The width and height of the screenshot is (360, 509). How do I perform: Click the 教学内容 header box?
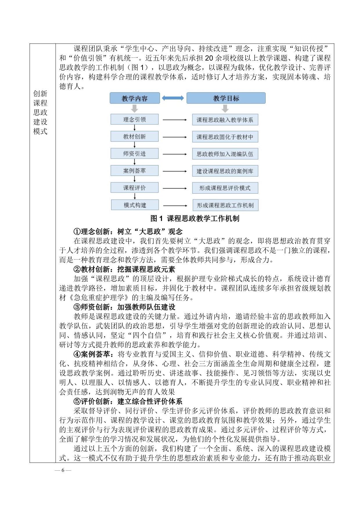pos(135,98)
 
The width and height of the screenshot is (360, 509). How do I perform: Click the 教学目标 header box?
pos(226,98)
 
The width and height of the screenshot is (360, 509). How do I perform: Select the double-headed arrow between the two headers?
pos(173,98)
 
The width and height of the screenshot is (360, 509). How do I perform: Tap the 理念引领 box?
pos(134,119)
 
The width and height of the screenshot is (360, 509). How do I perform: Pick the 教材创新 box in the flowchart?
pos(134,136)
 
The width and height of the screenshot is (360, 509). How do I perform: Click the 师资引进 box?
pos(134,154)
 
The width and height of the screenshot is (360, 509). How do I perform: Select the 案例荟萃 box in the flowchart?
pos(134,171)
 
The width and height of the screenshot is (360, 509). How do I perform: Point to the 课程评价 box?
pos(134,188)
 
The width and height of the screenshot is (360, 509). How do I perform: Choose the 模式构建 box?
pos(135,205)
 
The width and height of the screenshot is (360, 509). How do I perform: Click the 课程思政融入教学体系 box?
pos(225,120)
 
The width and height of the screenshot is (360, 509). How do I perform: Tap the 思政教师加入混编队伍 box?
pos(225,154)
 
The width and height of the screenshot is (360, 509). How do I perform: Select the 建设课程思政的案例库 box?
pos(225,171)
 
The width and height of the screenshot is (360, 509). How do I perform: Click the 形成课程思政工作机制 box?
pos(225,205)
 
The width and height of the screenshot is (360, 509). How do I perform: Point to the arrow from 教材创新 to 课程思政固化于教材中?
pos(175,137)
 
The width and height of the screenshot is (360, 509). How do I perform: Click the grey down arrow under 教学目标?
pos(225,109)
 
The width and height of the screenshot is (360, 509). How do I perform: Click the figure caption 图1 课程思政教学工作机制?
pos(195,218)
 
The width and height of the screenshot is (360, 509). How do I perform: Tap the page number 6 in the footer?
pos(63,470)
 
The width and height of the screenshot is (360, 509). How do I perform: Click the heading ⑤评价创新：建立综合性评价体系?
pos(128,401)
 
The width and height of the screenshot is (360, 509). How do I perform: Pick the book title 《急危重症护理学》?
pos(99,298)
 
